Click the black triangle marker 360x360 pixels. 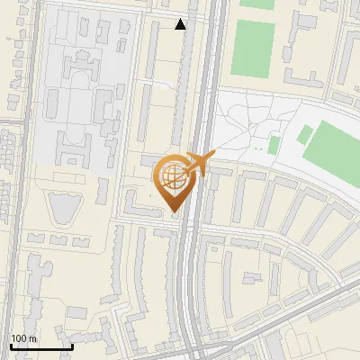[181, 24]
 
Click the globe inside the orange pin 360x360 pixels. [174, 176]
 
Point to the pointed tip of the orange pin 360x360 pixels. [174, 211]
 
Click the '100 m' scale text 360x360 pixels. [24, 338]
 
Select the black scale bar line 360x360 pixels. [41, 346]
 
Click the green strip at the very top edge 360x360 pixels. [257, 4]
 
